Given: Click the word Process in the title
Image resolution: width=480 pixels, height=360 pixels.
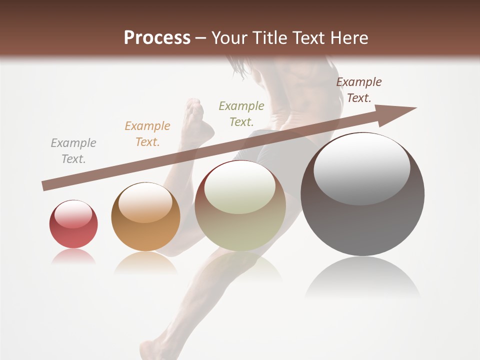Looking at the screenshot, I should (x=157, y=38).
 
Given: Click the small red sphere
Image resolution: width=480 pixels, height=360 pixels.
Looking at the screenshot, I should (x=73, y=224).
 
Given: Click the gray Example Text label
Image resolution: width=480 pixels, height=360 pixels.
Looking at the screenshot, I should (x=73, y=151).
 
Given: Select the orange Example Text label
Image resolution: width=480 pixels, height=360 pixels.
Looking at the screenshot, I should (x=147, y=134).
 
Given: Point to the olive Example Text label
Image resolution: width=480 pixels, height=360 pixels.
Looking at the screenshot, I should (x=241, y=114).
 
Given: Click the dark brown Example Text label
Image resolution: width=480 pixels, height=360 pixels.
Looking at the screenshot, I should (x=359, y=90).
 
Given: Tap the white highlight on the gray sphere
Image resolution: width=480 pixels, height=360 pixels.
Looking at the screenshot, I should (x=361, y=168).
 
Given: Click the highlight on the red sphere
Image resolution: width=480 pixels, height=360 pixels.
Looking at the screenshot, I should (x=73, y=214).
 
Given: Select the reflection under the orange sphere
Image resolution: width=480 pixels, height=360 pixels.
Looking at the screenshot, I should (x=145, y=263).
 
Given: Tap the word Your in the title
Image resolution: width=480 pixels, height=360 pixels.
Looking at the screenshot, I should (x=227, y=38).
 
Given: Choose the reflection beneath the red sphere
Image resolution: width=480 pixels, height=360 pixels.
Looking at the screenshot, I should (x=73, y=256).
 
